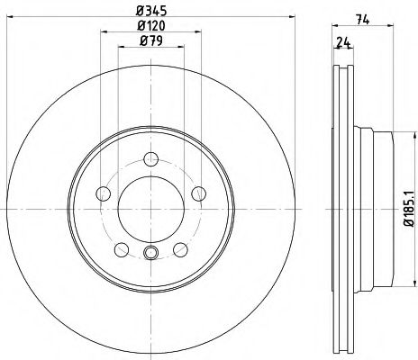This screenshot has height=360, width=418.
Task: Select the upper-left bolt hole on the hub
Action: point(102,193)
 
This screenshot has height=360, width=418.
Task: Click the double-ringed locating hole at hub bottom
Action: point(150,253)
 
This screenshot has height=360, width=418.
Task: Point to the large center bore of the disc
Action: point(150,208)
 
